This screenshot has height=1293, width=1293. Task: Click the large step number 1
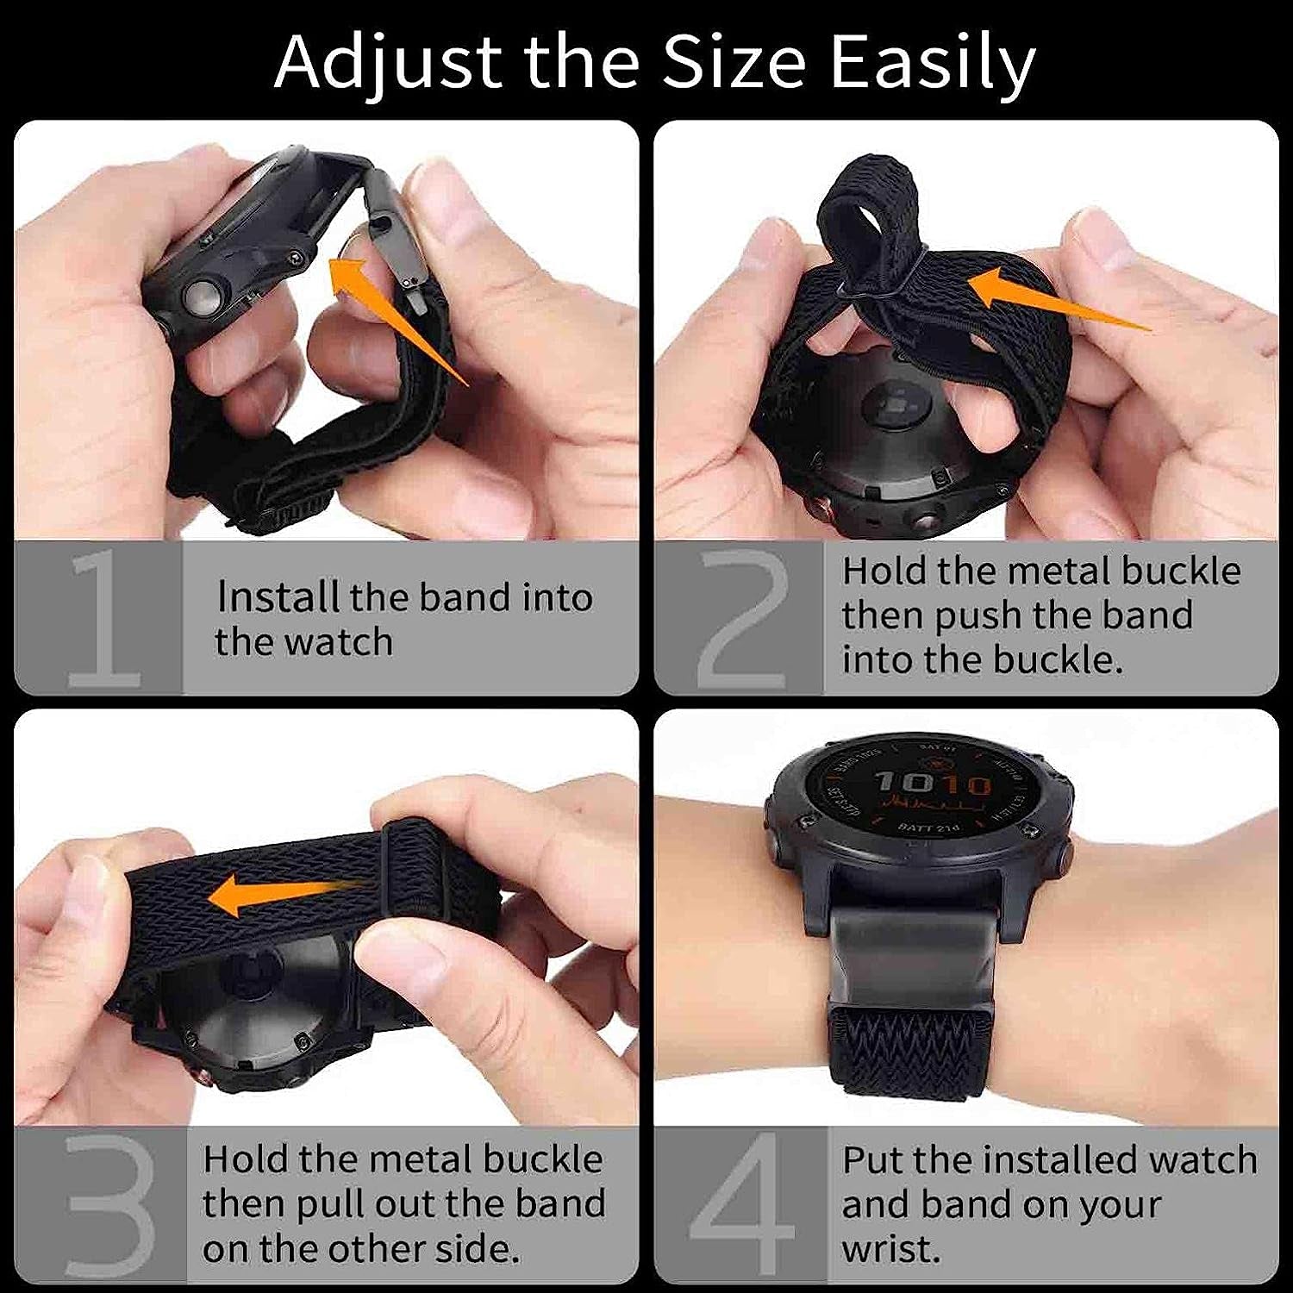(x=103, y=619)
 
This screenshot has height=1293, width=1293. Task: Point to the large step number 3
(x=108, y=1207)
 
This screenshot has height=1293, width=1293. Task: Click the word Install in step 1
(x=278, y=597)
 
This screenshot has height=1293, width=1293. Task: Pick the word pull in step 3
(x=328, y=1204)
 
